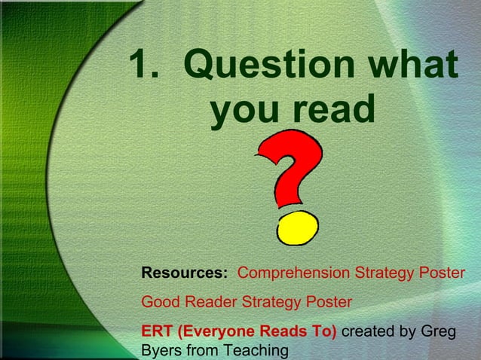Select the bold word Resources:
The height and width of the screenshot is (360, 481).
click(x=185, y=272)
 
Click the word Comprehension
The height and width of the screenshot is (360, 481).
click(x=293, y=272)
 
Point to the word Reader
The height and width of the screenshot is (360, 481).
click(x=210, y=302)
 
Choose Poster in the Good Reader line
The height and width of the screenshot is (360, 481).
click(x=329, y=302)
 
